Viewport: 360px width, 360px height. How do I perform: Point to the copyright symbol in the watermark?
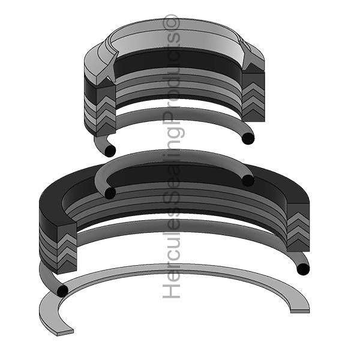click(x=173, y=22)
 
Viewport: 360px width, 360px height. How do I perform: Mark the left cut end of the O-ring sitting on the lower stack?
click(x=110, y=193)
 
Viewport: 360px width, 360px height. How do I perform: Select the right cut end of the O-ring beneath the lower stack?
click(x=302, y=268)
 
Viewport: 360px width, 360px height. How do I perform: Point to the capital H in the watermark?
click(x=173, y=291)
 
